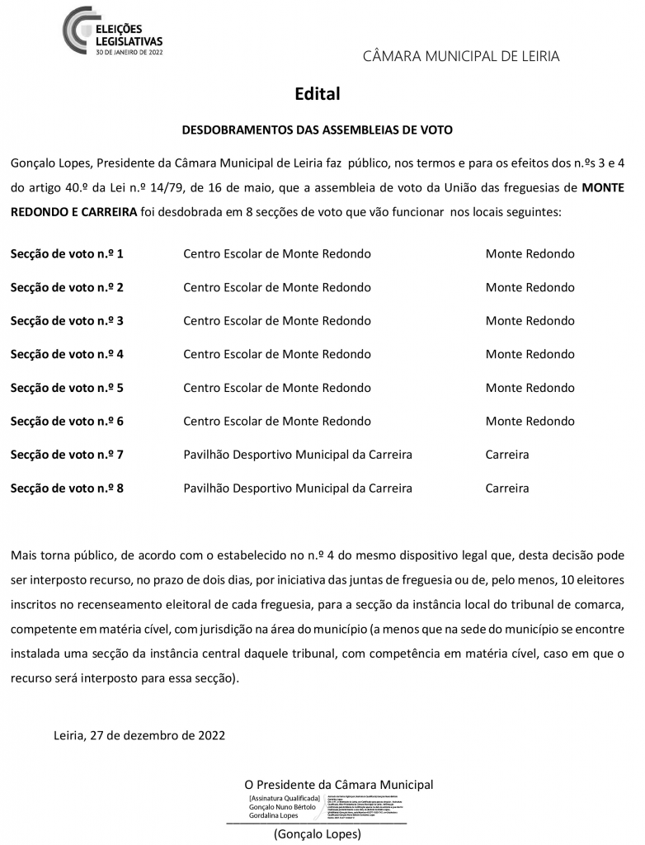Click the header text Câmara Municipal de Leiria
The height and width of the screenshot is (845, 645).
[461, 56]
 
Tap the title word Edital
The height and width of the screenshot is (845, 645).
[318, 94]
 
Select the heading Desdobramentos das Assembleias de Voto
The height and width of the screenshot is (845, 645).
[317, 130]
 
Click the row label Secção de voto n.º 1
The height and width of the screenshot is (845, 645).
[67, 253]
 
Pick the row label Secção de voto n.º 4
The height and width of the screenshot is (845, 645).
[67, 354]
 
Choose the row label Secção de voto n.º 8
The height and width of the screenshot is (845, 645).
[67, 488]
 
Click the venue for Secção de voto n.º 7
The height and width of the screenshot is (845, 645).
[298, 455]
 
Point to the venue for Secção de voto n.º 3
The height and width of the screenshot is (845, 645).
[277, 320]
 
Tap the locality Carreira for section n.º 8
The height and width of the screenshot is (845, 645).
[507, 488]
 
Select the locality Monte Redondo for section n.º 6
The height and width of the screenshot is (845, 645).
[530, 421]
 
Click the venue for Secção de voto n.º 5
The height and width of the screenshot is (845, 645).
[277, 388]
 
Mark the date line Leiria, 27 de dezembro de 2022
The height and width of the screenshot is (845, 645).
[139, 734]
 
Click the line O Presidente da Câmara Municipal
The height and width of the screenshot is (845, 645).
[338, 784]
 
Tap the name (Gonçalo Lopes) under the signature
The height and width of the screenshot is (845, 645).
[318, 834]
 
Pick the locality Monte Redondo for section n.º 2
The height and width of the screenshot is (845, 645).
[530, 287]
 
